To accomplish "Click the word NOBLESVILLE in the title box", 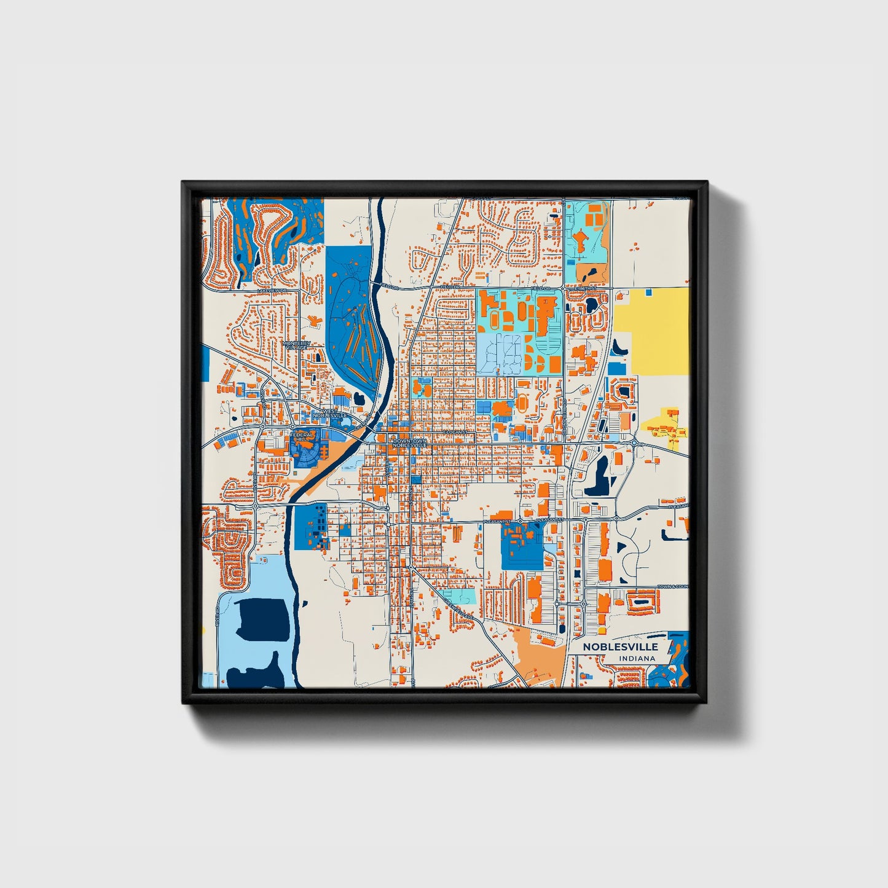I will [620, 646].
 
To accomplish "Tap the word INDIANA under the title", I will [637, 659].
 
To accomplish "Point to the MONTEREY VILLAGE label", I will [297, 346].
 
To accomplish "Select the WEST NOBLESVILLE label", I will [330, 413].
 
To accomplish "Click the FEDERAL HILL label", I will [302, 436].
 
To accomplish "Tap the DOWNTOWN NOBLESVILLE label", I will [409, 443].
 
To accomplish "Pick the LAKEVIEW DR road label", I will [272, 290].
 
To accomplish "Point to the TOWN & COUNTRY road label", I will [673, 587].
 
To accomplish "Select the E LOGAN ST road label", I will [455, 433].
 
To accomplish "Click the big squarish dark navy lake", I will [263, 619].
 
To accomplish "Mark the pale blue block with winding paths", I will [500, 354].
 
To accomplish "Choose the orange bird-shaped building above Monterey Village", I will [315, 320].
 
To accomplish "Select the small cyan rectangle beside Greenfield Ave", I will [460, 596].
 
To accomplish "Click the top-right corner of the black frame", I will [707, 183].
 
